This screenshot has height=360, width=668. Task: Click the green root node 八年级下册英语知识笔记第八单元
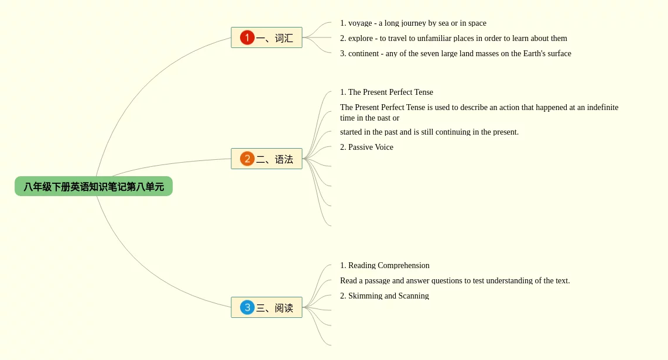(x=94, y=186)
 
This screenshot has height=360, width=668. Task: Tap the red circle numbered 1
(x=247, y=37)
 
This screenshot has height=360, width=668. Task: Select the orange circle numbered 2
(x=247, y=159)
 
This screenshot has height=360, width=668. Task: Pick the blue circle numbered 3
(x=247, y=307)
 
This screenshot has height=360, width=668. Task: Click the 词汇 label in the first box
(x=284, y=38)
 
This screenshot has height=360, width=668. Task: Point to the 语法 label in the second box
(x=284, y=159)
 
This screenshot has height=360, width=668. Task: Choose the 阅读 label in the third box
(x=284, y=307)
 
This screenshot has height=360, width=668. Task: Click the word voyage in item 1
(x=360, y=23)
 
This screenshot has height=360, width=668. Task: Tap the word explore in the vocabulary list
(x=361, y=39)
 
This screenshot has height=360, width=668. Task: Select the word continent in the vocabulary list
(x=364, y=53)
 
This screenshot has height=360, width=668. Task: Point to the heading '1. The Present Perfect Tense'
(x=386, y=92)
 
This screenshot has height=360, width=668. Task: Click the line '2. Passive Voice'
(x=366, y=147)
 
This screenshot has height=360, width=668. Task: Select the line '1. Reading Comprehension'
(x=385, y=265)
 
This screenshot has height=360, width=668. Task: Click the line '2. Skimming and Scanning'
(x=384, y=296)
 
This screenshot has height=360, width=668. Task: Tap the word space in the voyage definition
(x=477, y=23)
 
